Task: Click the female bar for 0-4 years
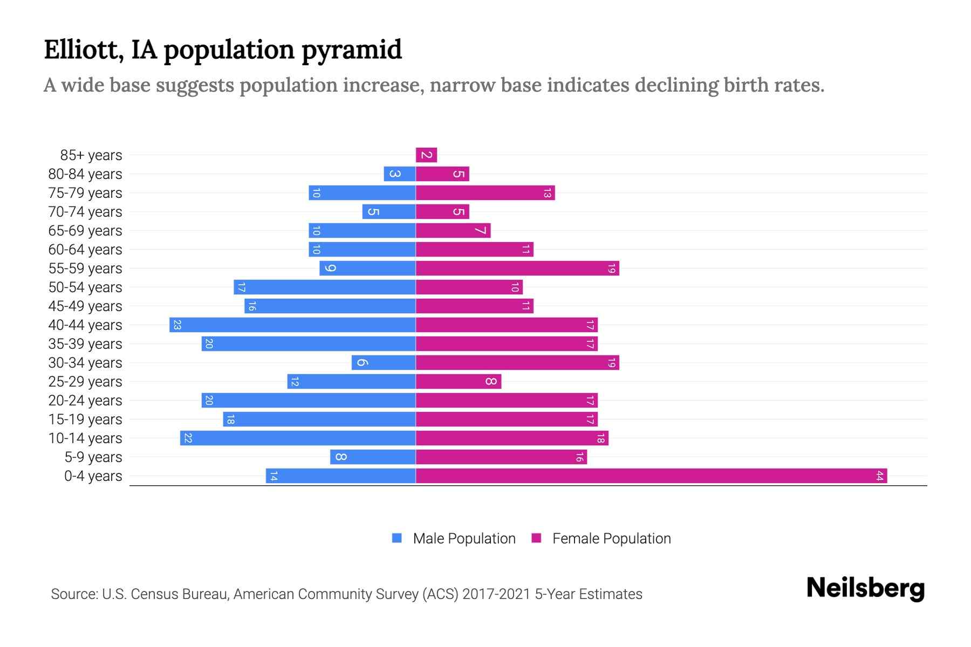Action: [651, 476]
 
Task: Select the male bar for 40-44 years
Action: [292, 325]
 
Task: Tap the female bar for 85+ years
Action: [426, 155]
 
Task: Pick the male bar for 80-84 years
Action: [399, 174]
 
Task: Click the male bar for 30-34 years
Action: [384, 363]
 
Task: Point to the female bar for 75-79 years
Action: [485, 193]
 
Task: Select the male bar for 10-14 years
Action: [298, 438]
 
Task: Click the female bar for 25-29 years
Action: [459, 382]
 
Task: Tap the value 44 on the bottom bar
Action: [879, 476]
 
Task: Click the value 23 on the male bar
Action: [177, 325]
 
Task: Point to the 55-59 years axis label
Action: [85, 269]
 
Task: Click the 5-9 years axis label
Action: [93, 457]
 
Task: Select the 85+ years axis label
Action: [91, 155]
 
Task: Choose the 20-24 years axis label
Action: [85, 401]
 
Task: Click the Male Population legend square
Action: [397, 538]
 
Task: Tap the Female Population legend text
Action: [611, 539]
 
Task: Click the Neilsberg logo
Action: [865, 588]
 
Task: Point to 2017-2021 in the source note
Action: [496, 594]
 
